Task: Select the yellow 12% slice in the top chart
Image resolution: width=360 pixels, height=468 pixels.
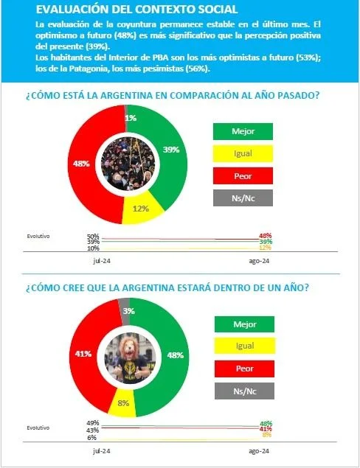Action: click(x=141, y=209)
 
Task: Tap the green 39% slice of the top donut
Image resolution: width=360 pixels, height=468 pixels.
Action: click(x=171, y=149)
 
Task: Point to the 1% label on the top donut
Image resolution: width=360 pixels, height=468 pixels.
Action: click(x=131, y=118)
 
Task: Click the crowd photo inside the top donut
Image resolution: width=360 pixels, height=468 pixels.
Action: click(x=128, y=164)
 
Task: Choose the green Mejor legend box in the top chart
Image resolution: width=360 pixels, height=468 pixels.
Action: click(x=243, y=131)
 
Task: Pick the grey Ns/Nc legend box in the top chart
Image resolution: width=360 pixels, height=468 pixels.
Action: click(x=243, y=198)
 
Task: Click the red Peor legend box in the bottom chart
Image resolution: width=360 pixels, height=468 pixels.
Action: click(x=244, y=369)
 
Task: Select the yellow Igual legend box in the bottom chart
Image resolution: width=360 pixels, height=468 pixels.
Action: click(x=244, y=346)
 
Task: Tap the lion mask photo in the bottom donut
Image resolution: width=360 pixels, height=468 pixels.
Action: click(x=130, y=357)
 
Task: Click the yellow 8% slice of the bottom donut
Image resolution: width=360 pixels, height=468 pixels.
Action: click(x=123, y=403)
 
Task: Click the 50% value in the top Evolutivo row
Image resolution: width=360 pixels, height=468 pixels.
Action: click(x=93, y=237)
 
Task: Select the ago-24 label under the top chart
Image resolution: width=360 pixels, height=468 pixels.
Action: click(x=259, y=261)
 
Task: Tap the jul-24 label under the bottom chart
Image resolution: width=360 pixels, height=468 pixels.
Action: click(x=102, y=451)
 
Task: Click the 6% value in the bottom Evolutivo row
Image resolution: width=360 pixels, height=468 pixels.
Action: click(x=91, y=438)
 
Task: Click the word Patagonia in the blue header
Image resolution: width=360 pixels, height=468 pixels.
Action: click(x=86, y=69)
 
